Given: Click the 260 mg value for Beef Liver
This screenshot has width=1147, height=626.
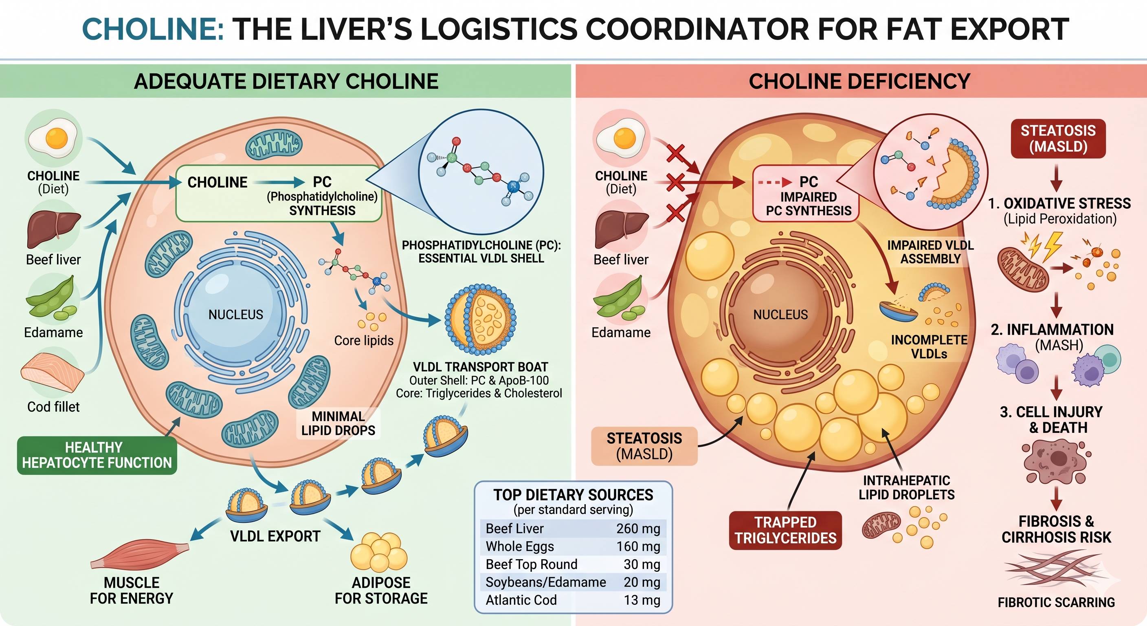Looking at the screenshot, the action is pyautogui.click(x=638, y=529).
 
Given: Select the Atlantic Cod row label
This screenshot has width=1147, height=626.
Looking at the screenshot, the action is pyautogui.click(x=521, y=600).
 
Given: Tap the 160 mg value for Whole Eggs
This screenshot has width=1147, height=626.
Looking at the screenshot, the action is pyautogui.click(x=638, y=546).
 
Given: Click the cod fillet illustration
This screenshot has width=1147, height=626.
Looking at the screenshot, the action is pyautogui.click(x=53, y=373).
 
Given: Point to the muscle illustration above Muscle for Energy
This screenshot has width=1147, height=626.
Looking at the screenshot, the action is pyautogui.click(x=139, y=555).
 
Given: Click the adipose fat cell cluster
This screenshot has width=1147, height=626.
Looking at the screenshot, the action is pyautogui.click(x=379, y=551).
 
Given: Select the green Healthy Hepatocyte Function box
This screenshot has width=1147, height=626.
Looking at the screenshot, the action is pyautogui.click(x=97, y=455).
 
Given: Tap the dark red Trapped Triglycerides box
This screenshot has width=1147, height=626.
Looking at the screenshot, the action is pyautogui.click(x=785, y=530).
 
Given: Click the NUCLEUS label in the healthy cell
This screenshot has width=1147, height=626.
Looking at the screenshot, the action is pyautogui.click(x=235, y=315).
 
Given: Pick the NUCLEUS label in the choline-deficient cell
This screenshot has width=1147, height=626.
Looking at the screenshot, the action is pyautogui.click(x=780, y=315).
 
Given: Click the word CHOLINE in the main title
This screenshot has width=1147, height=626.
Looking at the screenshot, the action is pyautogui.click(x=153, y=29).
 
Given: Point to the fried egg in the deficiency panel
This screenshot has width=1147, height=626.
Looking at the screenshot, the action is pyautogui.click(x=622, y=139).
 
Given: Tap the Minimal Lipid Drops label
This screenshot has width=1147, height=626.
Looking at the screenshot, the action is pyautogui.click(x=338, y=423).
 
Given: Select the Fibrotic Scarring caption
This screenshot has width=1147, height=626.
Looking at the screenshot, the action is pyautogui.click(x=1056, y=602).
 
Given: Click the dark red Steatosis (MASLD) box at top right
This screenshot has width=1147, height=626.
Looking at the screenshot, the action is pyautogui.click(x=1058, y=139).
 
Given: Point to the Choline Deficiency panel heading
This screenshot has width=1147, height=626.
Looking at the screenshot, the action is pyautogui.click(x=859, y=82).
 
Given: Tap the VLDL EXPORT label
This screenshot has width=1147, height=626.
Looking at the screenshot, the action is pyautogui.click(x=275, y=536).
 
